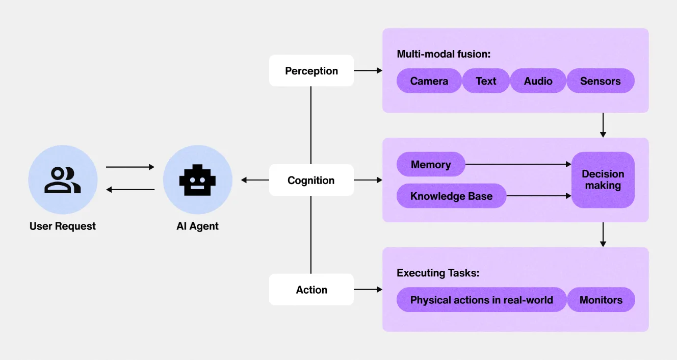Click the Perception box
pos(311,71)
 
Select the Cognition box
pos(311,180)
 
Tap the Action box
pos(311,290)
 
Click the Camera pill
pos(429,81)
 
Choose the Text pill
pos(486,81)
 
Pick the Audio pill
pos(538,81)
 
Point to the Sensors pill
pos(600,81)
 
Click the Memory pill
pos(431,165)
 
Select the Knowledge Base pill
pos(451,196)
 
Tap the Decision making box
pos(603,180)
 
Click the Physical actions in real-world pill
pos(481,300)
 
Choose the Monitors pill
pos(601,300)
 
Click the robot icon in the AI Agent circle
pos(197,179)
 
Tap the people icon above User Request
pos(63,180)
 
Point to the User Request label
pos(63,226)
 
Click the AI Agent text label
pos(197,226)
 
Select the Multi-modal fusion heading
pos(443,54)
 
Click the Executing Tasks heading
pos(438,273)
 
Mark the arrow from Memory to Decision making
pos(518,164)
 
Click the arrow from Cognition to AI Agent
pos(255,180)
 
